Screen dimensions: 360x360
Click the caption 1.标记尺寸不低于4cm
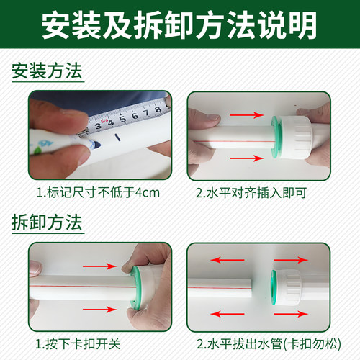[x=100, y=192]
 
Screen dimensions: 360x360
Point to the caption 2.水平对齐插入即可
[x=258, y=192]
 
